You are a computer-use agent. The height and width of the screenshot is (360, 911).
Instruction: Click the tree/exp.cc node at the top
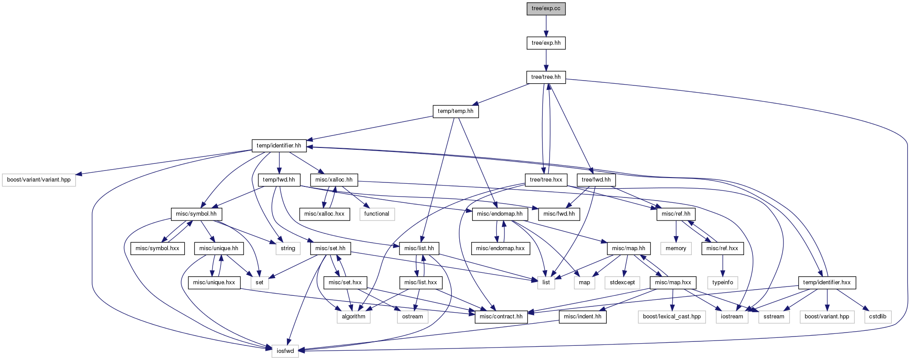[546, 9]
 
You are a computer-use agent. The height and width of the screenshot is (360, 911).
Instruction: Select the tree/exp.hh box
[546, 43]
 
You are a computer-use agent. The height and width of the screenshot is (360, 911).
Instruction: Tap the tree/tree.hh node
[546, 77]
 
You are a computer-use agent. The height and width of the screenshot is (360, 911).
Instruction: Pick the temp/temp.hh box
[456, 111]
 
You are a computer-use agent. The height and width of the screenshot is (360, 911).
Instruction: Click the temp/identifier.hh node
[279, 146]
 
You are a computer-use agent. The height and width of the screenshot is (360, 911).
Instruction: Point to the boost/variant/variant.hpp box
[39, 180]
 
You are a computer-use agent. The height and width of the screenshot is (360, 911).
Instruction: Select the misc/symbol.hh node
[196, 214]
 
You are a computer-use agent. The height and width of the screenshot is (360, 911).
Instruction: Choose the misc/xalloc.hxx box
[325, 214]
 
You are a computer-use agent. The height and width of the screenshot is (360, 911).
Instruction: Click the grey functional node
[377, 214]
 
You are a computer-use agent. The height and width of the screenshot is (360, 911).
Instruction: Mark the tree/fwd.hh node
[596, 180]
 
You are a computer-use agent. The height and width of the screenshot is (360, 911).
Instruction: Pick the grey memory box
[676, 248]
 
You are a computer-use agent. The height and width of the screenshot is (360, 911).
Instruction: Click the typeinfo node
[723, 283]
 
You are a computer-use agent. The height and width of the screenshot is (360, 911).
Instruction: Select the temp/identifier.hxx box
[827, 283]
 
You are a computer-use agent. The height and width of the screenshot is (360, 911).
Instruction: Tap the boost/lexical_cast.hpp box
[672, 317]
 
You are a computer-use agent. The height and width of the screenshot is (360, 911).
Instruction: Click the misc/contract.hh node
[501, 317]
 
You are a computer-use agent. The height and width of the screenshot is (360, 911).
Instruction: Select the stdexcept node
[622, 283]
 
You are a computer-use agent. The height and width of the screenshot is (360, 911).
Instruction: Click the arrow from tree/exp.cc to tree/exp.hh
[546, 26]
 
